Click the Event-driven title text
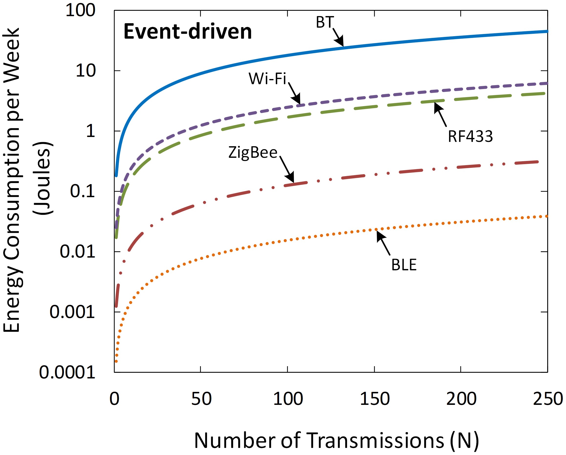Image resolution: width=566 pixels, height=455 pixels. click(187, 32)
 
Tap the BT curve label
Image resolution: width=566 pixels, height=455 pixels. click(325, 22)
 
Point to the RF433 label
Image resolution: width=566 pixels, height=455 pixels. click(470, 136)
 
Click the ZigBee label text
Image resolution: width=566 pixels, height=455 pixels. click(252, 153)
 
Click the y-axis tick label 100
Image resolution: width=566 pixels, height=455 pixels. click(80, 11)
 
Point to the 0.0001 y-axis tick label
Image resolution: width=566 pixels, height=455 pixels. click(67, 373)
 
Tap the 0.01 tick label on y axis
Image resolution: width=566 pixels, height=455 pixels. click(77, 252)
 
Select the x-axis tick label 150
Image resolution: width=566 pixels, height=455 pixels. click(375, 399)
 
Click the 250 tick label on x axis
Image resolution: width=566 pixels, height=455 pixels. click(548, 399)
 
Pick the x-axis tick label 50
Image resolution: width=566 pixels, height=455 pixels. click(201, 399)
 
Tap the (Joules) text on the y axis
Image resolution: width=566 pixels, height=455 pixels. click(43, 179)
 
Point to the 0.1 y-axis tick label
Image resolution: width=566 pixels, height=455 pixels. click(82, 191)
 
